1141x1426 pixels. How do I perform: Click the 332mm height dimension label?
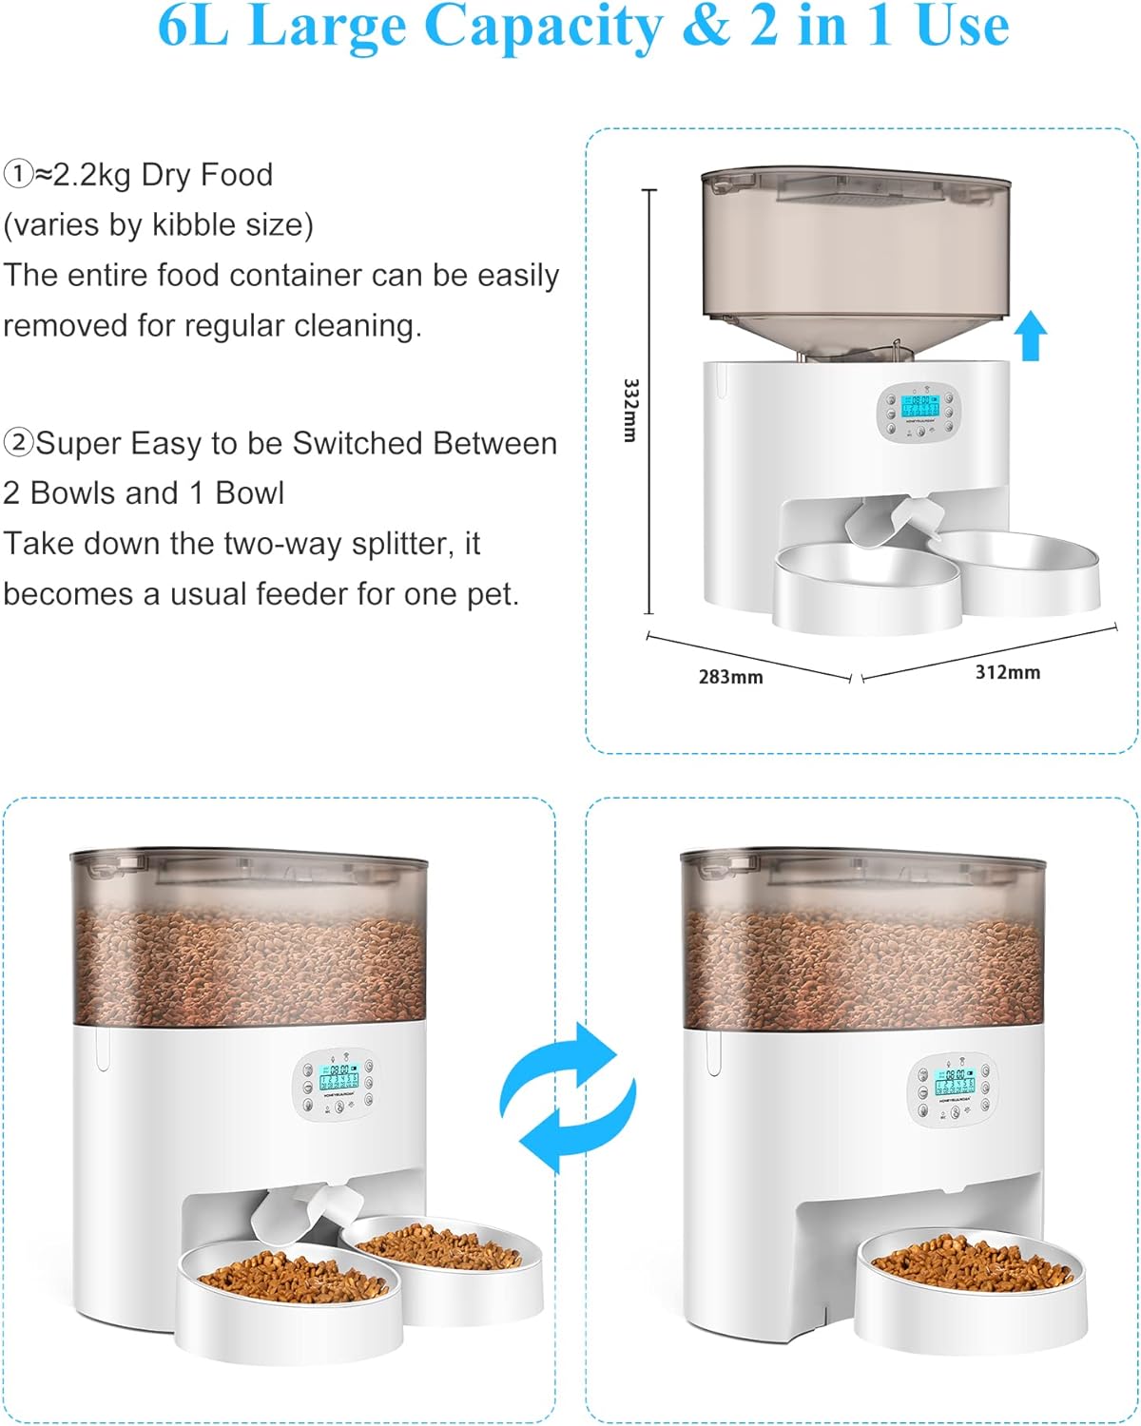coord(629,410)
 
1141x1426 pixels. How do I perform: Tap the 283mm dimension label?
coord(730,677)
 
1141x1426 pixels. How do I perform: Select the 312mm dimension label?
coord(1007,672)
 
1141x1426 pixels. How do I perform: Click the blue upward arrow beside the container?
coord(1030,337)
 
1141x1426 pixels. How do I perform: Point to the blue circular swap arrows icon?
coord(568,1097)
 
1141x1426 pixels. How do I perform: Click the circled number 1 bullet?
coord(18,175)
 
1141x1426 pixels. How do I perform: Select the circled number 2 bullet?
coord(18,443)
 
